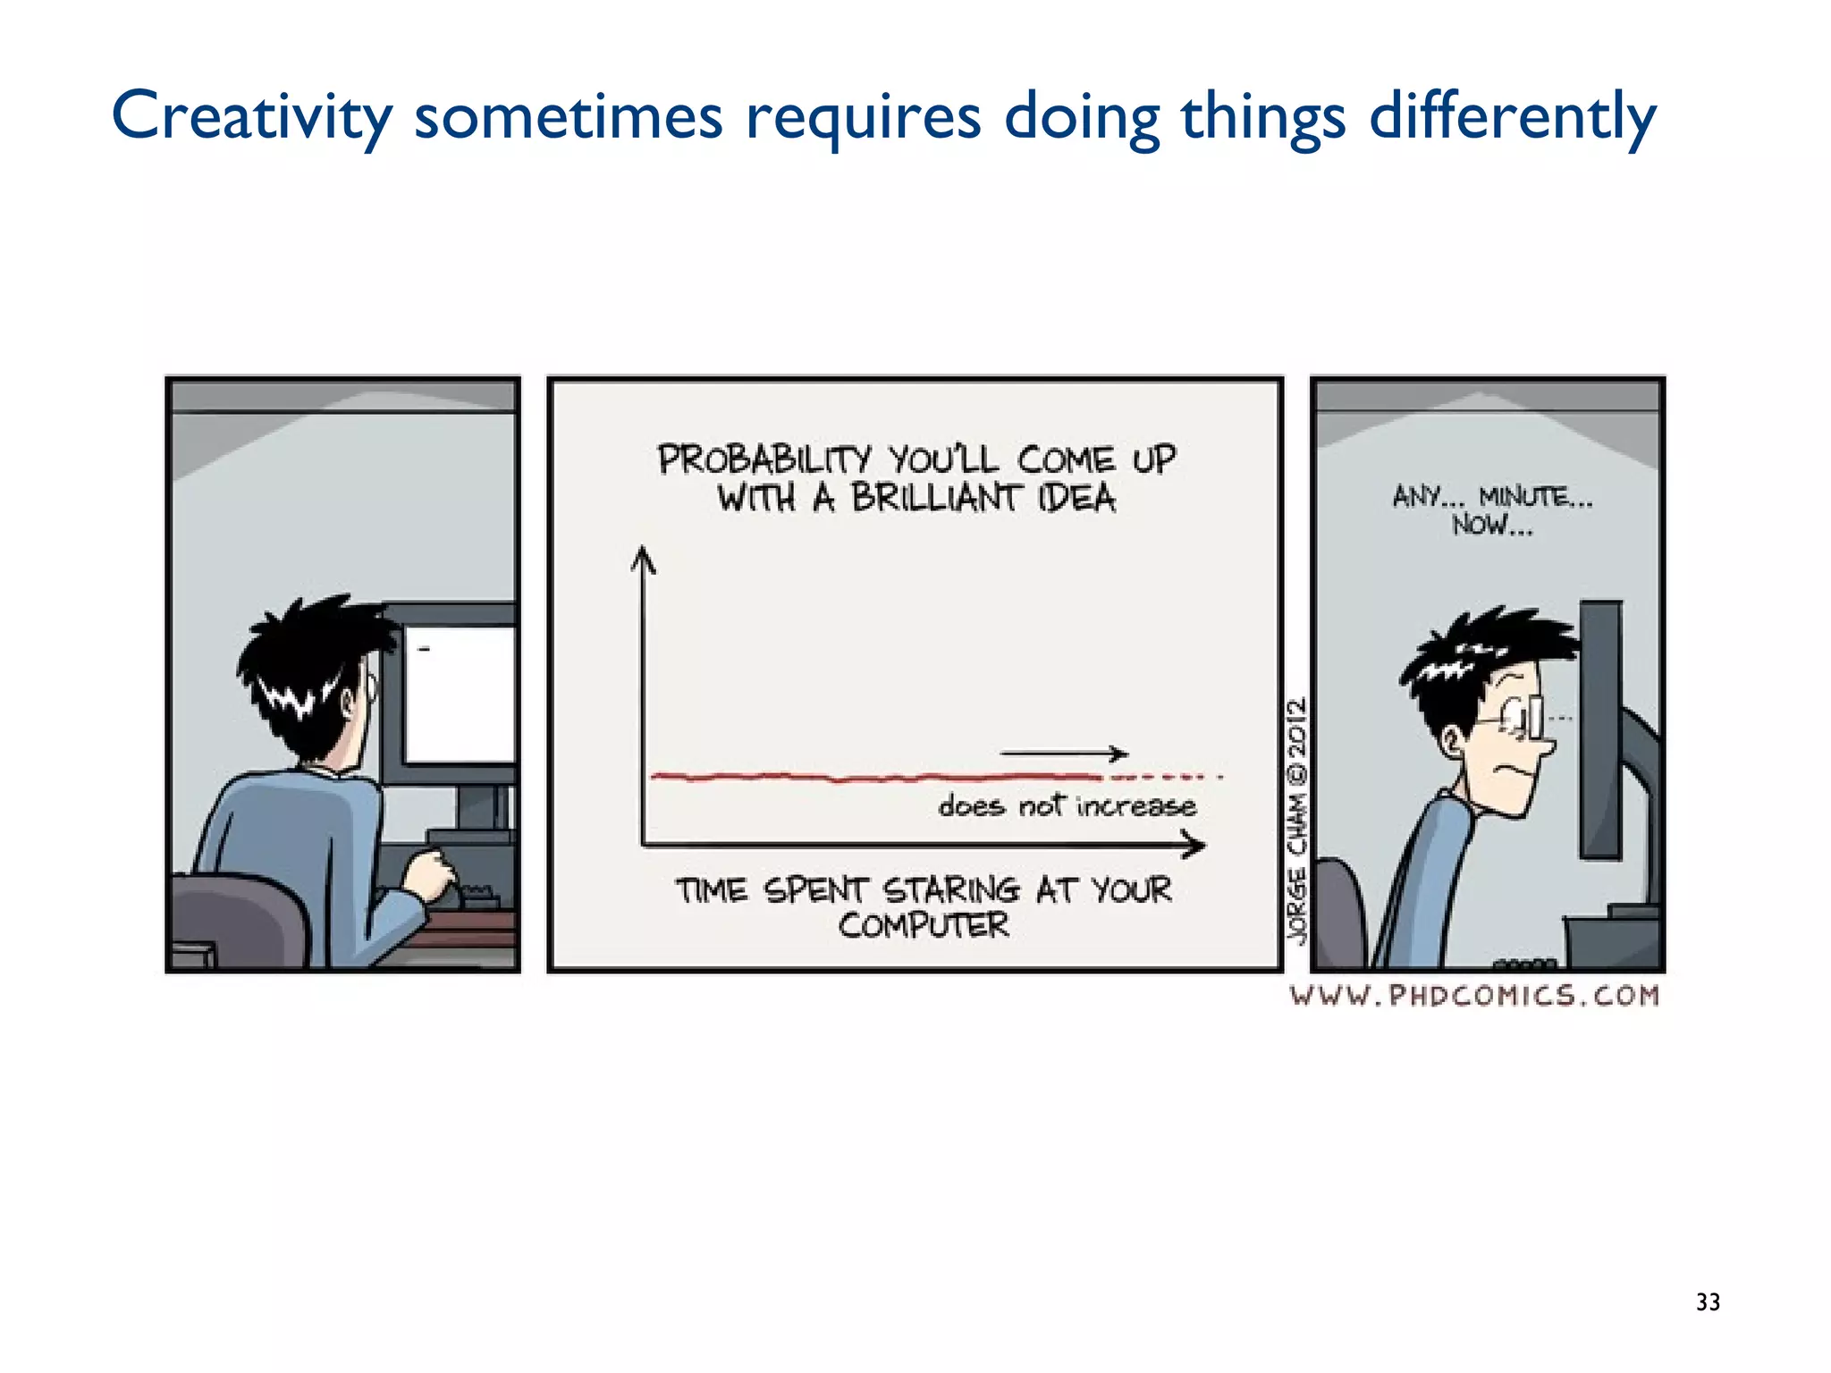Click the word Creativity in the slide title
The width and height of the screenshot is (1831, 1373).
coord(251,116)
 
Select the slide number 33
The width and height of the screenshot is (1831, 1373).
coord(1708,1302)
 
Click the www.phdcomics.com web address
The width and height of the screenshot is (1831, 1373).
coord(1474,996)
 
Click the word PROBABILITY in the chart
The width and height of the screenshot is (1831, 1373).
coord(764,459)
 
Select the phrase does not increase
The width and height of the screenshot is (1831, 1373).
coord(1067,806)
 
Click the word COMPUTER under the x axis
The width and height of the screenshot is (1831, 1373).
coord(924,925)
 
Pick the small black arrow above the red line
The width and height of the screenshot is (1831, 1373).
coord(1064,754)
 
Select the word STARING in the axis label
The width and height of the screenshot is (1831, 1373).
coord(951,889)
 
